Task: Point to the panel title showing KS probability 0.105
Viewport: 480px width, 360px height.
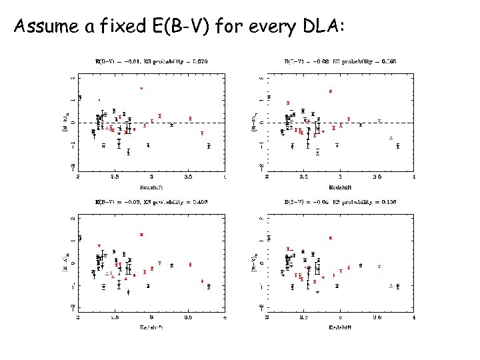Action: (340, 61)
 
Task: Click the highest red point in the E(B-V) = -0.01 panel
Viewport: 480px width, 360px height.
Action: (141, 88)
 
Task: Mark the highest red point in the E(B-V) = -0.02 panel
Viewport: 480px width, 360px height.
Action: (331, 91)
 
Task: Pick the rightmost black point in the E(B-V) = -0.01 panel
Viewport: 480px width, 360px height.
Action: (209, 146)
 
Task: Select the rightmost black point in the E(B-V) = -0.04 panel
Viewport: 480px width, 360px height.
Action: (398, 287)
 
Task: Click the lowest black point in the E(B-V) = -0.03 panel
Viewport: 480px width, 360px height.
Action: (128, 292)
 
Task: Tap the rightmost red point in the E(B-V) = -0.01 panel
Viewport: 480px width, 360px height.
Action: (202, 133)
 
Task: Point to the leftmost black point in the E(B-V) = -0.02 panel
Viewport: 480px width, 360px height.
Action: (269, 97)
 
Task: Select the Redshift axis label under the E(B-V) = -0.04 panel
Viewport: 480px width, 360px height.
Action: (340, 327)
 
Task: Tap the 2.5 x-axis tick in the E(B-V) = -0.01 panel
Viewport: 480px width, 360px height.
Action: (115, 178)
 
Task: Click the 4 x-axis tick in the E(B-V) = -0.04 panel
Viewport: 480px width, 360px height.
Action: (414, 319)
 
